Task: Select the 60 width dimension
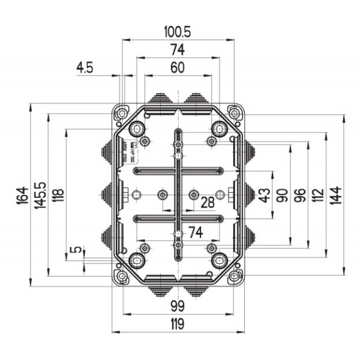177,68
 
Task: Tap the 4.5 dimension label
85,68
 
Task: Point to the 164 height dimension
22,196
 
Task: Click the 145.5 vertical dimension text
40,196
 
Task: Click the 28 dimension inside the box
208,203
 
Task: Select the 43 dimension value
264,196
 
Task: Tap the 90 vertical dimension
282,196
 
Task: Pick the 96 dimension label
300,196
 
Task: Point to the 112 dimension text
318,196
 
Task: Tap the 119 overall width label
177,324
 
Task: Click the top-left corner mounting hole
122,112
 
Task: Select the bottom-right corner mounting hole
233,276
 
